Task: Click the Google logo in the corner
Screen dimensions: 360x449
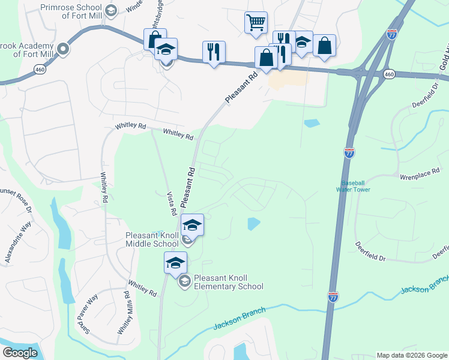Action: click(x=20, y=353)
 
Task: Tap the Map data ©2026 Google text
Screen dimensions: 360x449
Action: click(x=412, y=355)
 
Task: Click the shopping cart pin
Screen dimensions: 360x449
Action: click(x=256, y=22)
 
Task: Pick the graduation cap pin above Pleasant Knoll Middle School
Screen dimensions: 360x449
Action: click(x=193, y=225)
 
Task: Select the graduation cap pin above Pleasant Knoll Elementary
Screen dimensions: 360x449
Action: click(x=176, y=263)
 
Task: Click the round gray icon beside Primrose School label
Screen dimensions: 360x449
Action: click(x=110, y=11)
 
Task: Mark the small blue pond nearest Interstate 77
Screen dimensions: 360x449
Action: click(x=312, y=124)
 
